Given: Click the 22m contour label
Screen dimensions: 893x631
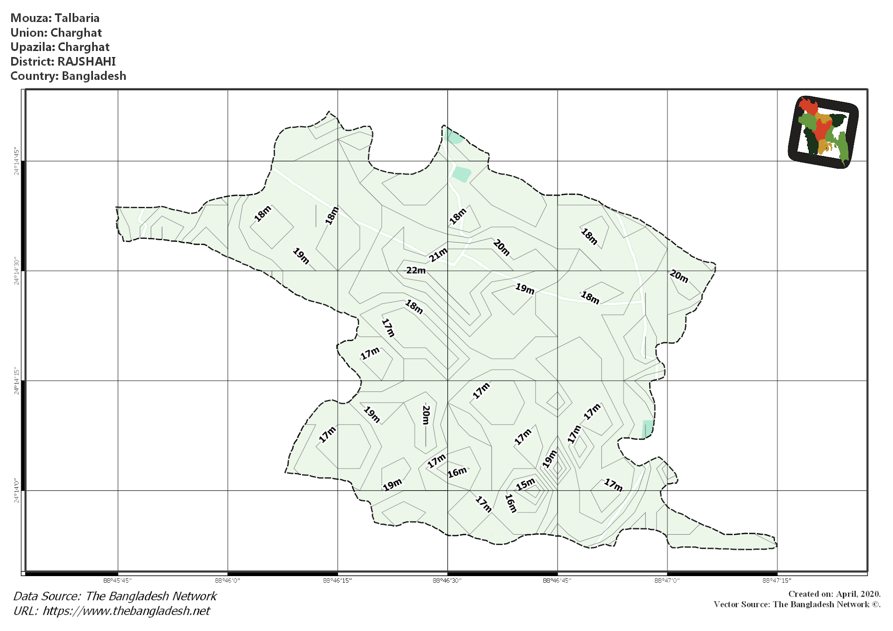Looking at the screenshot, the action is tap(416, 270).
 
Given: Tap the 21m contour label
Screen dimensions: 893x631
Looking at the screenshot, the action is tap(438, 254).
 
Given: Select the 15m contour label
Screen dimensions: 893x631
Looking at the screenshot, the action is tap(525, 484).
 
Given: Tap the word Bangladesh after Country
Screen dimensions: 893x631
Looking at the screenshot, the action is tap(94, 76).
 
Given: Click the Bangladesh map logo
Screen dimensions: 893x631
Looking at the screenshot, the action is tap(823, 132).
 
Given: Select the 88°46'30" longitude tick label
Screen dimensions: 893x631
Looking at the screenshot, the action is tap(447, 580).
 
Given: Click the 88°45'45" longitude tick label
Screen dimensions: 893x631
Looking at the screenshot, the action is tap(117, 580).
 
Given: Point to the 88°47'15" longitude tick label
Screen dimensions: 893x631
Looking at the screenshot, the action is tap(777, 580).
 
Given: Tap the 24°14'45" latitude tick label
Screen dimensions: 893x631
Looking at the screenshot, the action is tap(17, 161).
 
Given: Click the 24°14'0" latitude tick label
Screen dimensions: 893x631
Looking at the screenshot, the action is tap(17, 491).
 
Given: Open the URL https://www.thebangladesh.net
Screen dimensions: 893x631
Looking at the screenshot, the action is tap(126, 611).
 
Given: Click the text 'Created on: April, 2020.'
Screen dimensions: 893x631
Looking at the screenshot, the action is tap(834, 594).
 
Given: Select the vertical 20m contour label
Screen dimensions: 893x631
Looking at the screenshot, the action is tap(426, 415).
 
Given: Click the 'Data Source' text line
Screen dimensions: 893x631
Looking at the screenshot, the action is tap(115, 596).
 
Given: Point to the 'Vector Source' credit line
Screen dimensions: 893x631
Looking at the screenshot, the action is tap(797, 604).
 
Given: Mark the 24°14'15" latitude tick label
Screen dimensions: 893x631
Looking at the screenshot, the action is tap(17, 381).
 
